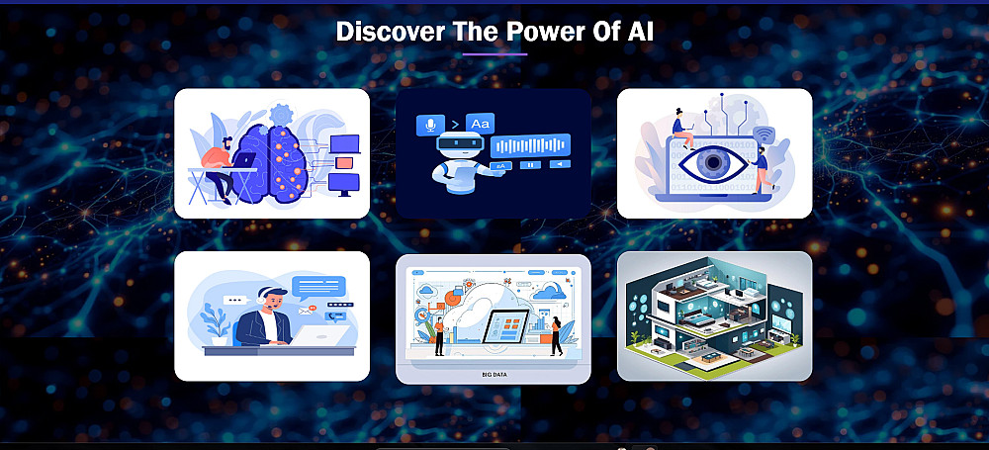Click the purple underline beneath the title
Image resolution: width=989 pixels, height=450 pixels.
494,54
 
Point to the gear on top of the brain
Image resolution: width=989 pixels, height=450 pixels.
280,115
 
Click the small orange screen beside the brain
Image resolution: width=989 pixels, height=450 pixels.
344,163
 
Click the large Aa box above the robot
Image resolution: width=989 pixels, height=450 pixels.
480,124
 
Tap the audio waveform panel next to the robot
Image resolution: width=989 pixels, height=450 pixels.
530,145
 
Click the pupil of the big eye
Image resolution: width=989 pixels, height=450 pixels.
713,163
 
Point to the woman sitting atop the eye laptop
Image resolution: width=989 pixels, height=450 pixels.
681,129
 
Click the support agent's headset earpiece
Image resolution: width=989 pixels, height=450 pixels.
260,299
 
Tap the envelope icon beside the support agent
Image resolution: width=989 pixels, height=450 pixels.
306,311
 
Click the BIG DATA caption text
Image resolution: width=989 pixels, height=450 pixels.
494,375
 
